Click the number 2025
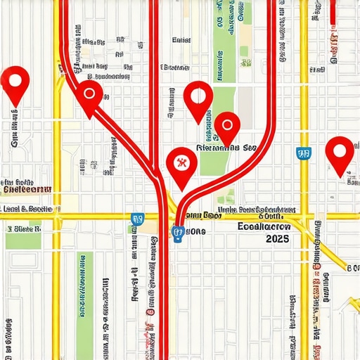click(278, 239)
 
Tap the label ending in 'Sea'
click(228, 148)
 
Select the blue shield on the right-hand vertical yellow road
click(304, 153)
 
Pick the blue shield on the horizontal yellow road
click(137, 219)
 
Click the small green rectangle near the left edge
click(22, 238)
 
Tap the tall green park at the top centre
click(224, 42)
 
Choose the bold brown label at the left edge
click(26, 189)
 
